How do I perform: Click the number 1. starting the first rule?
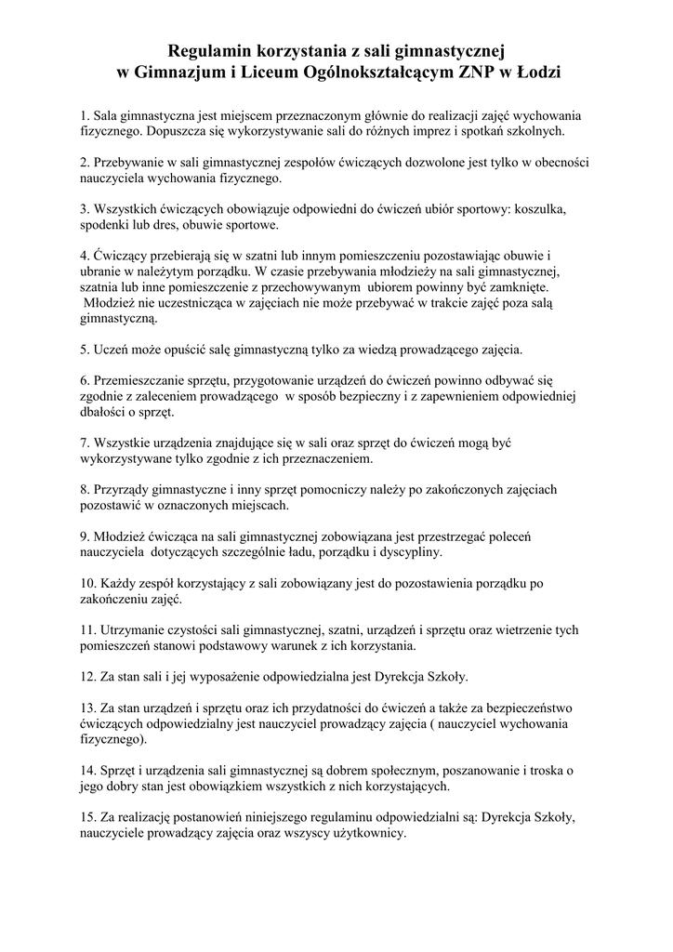(86, 116)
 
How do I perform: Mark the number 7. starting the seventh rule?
(86, 443)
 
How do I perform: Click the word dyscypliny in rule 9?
(406, 551)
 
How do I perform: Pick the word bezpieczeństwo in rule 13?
(536, 707)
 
